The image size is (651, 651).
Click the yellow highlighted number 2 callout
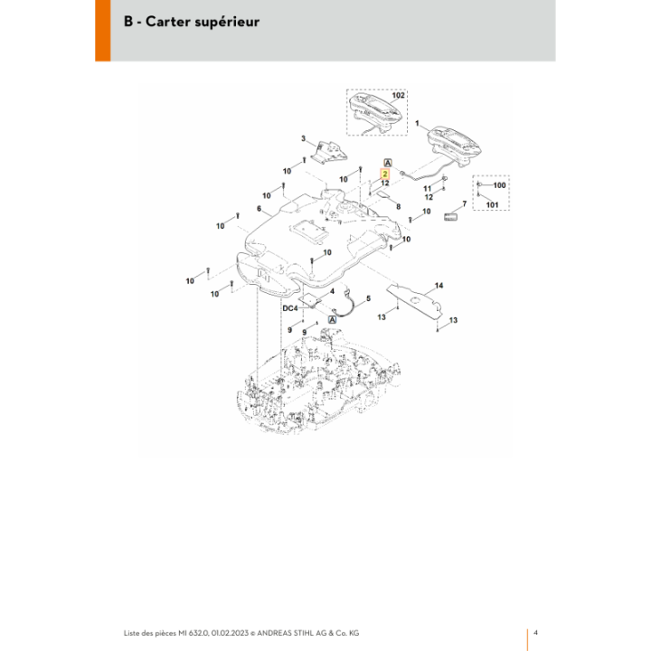point(385,174)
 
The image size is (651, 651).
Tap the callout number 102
point(398,95)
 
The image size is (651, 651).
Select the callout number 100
point(499,185)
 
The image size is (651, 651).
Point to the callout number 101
point(492,204)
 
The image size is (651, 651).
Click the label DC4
point(290,308)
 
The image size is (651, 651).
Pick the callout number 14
point(439,285)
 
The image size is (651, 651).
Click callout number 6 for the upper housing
point(259,209)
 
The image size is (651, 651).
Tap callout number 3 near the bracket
point(303,138)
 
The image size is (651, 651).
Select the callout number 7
point(464,203)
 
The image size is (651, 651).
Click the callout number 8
point(399,206)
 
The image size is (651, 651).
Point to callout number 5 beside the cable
point(368,298)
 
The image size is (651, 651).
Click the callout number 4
point(332,291)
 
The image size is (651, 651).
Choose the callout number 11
point(427,188)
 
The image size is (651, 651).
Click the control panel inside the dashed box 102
point(375,110)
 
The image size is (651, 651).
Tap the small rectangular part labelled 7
point(450,217)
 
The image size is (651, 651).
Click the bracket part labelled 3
point(331,153)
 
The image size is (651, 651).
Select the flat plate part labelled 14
point(414,300)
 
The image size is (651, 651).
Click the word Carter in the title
point(167,22)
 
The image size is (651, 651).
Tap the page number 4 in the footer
point(535,632)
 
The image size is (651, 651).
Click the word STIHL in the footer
point(305,633)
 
